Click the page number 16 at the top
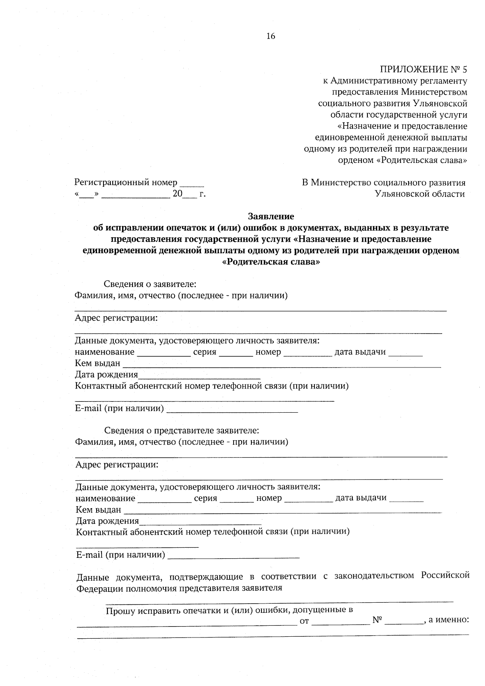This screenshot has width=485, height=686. point(271,36)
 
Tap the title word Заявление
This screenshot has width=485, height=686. point(271,216)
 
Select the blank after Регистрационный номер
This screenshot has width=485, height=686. point(192,184)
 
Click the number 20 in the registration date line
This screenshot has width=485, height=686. point(177,194)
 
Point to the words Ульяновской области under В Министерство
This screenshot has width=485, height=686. point(420,194)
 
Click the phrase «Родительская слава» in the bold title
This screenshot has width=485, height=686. point(271,262)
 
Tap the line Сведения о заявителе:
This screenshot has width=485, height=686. point(150,284)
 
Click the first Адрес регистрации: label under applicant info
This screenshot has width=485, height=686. point(116,318)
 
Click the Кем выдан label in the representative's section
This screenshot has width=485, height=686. point(98,510)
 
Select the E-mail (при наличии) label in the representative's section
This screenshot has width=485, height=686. point(120,555)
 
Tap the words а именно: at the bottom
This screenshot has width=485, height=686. point(448,620)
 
